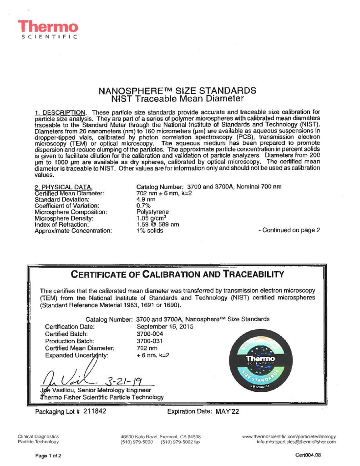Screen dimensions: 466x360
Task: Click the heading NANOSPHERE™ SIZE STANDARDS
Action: coord(177,90)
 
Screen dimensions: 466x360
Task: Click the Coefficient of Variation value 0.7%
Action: coord(143,206)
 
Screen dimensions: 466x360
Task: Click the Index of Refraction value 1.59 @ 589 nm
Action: coord(157,224)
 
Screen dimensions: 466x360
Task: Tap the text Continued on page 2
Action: coord(289,230)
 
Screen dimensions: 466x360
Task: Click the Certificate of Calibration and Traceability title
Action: coord(177,274)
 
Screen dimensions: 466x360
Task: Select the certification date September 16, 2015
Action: coord(165,326)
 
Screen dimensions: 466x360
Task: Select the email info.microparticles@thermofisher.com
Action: coord(296,441)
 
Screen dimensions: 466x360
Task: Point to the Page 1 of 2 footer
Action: coord(49,455)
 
